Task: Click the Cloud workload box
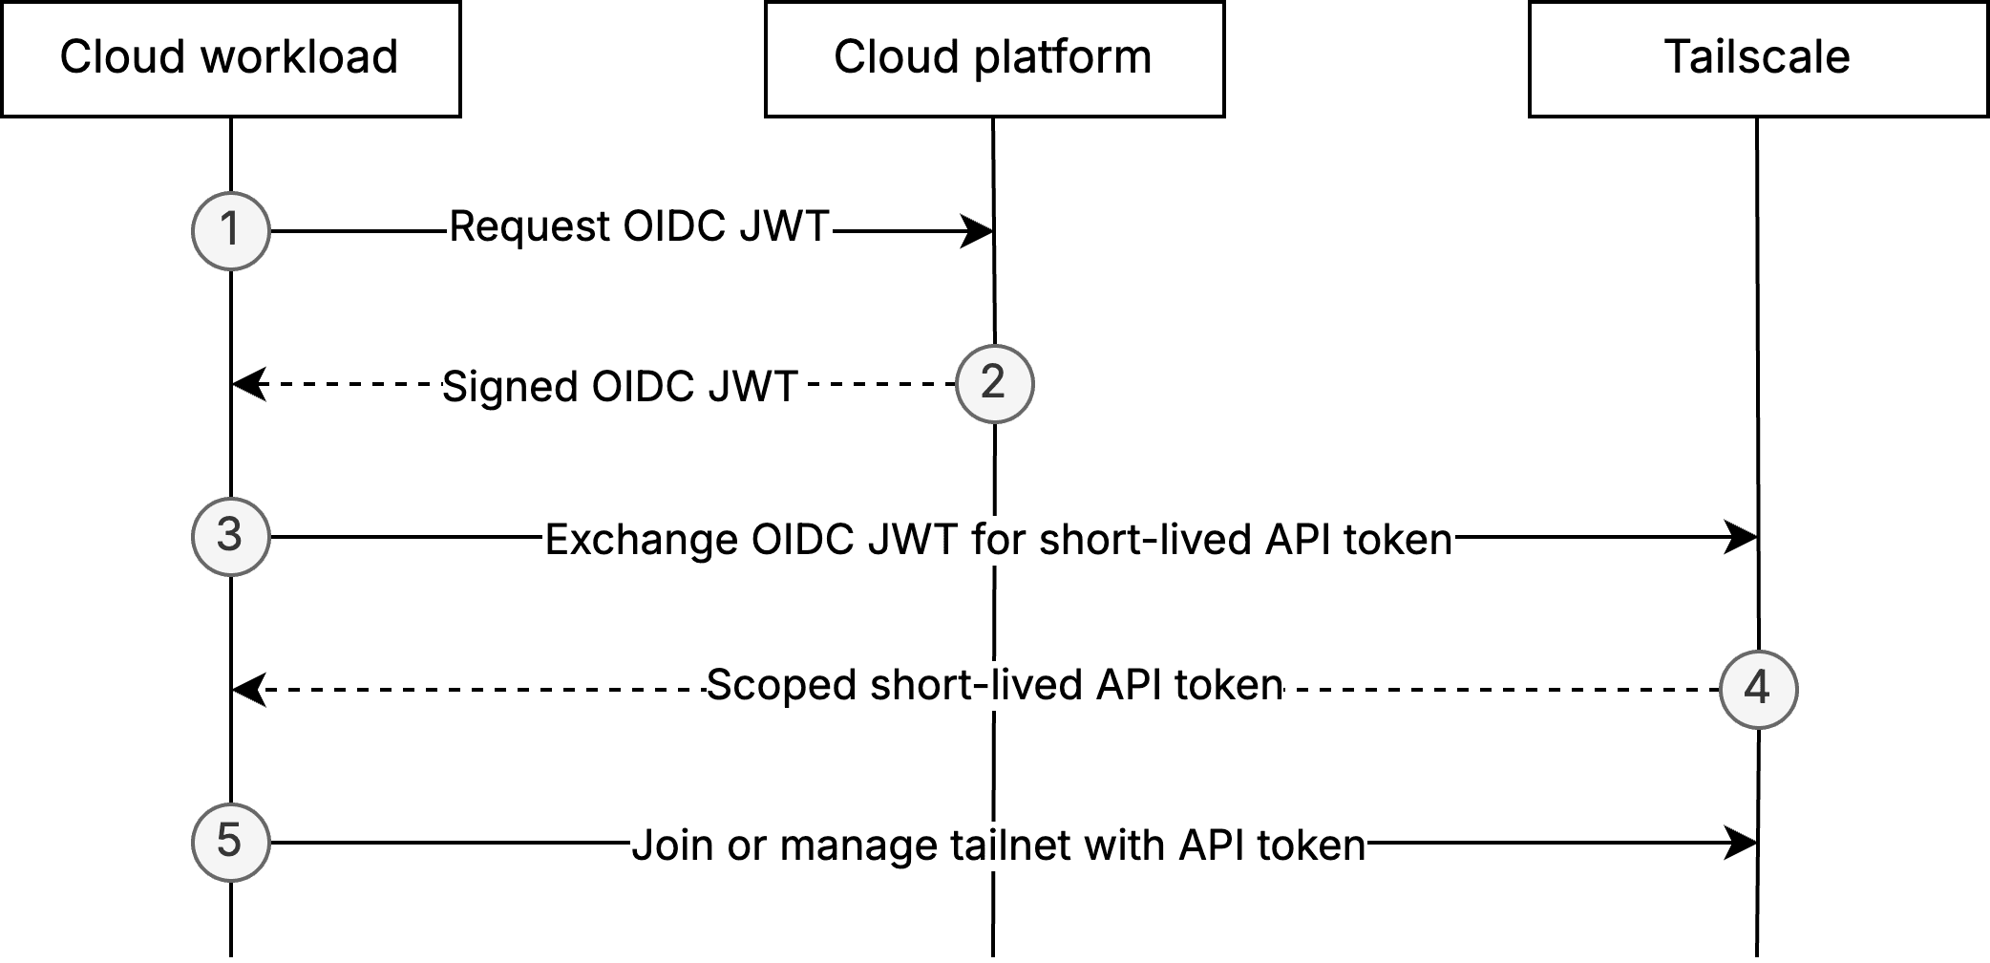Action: pos(230,59)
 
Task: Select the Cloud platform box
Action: pos(994,59)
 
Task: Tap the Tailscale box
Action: pos(1758,59)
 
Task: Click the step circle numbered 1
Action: pos(231,230)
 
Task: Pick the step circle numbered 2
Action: pos(994,384)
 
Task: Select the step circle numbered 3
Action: pos(231,536)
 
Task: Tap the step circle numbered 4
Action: pos(1758,689)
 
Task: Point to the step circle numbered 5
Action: pos(231,842)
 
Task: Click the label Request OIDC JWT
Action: pos(640,227)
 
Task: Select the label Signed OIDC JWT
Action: pos(620,387)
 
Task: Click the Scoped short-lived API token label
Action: pos(994,685)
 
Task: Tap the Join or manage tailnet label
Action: pos(998,845)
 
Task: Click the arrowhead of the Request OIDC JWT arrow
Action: pos(978,230)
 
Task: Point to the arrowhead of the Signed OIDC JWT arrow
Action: pos(247,384)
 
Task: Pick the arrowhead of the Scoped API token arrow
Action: pos(247,689)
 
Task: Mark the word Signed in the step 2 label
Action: pos(511,387)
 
